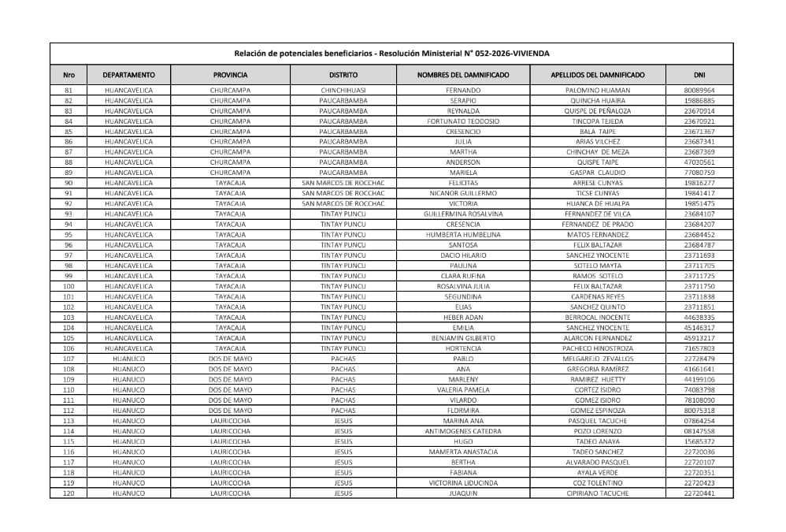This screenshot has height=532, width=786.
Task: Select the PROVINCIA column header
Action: coord(230,75)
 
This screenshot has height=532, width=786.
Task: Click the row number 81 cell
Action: coord(69,91)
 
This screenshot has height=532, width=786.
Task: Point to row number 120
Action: coord(69,493)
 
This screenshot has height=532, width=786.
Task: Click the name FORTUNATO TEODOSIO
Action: coord(463,121)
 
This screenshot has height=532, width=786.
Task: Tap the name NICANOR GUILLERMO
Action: coord(463,193)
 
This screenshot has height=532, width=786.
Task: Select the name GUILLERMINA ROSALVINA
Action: coord(463,214)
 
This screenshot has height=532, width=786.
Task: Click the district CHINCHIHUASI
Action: coord(343,91)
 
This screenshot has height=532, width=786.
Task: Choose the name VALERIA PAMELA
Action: coord(463,390)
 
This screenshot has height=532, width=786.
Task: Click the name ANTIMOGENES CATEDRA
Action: coord(463,431)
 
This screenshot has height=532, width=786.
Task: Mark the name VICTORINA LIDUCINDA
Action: coord(463,483)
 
